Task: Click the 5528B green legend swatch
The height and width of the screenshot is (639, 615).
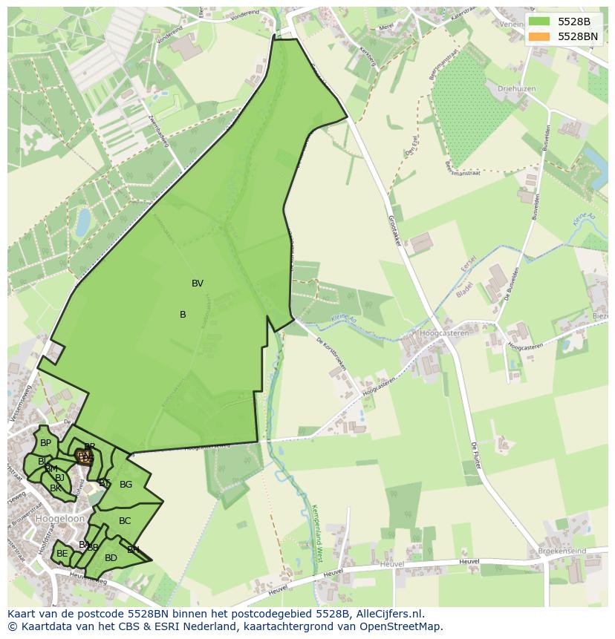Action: (539, 22)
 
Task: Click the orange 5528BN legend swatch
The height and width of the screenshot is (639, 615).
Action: (539, 36)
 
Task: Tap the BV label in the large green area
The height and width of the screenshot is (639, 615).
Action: (198, 284)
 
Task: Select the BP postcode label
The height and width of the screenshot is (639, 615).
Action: (45, 443)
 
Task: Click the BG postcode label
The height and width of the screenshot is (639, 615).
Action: (126, 485)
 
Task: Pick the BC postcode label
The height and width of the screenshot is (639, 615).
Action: (125, 521)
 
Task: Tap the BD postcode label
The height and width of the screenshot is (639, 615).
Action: (111, 558)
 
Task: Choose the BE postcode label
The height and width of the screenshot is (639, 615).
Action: (62, 554)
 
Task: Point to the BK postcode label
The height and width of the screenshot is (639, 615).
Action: (56, 488)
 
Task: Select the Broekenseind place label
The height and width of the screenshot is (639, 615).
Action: (561, 551)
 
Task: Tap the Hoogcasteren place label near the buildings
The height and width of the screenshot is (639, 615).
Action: (444, 333)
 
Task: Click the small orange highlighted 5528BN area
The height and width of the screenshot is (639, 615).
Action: (85, 457)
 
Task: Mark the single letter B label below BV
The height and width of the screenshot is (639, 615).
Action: (183, 315)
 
